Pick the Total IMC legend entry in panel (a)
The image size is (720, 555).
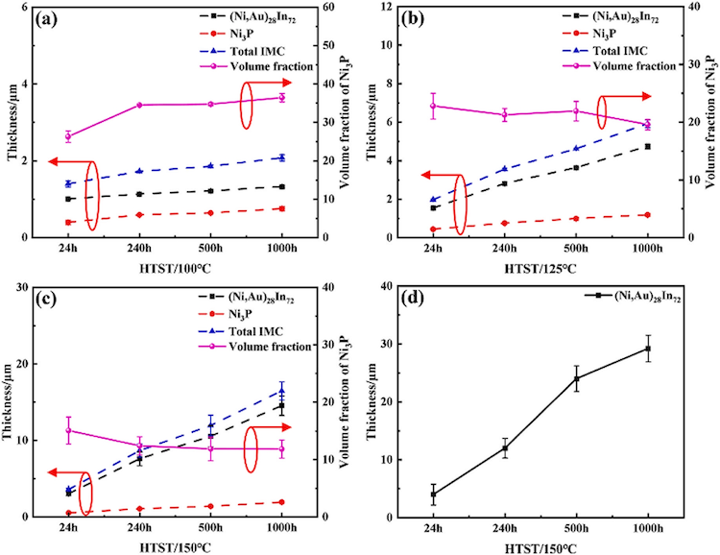(x=278, y=50)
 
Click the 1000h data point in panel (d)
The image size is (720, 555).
(x=648, y=349)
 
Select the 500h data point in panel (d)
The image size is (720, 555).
(x=577, y=378)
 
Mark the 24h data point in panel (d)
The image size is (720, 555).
(x=434, y=494)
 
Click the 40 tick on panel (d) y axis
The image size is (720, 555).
(x=396, y=286)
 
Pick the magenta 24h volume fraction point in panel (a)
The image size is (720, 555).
(x=68, y=136)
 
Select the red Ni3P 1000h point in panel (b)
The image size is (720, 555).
(x=648, y=215)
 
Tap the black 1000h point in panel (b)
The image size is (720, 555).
(x=648, y=146)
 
